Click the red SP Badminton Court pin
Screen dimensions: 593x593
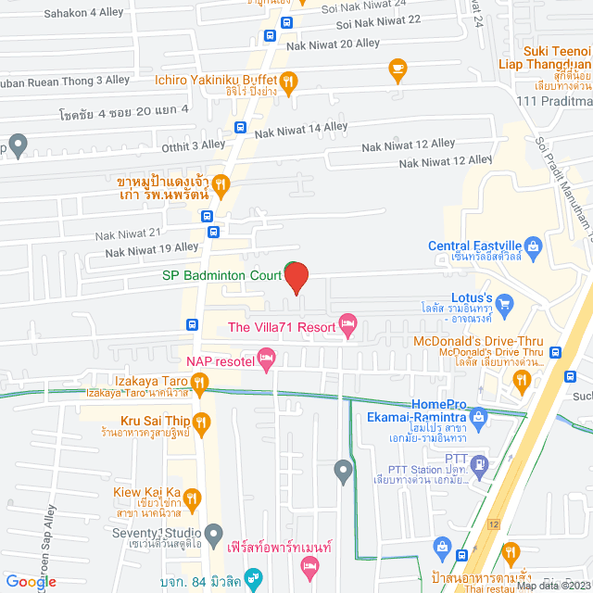[296, 277]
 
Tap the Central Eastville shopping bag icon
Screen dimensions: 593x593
[532, 246]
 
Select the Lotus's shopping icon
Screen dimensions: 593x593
[505, 303]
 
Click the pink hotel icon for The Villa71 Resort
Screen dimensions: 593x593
[348, 326]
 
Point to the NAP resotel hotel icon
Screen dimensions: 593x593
[266, 358]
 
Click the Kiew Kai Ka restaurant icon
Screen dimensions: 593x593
[193, 499]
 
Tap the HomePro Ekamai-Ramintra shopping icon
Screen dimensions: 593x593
[478, 417]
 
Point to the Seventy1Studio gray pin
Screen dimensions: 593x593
[214, 533]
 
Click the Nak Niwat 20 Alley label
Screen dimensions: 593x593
[333, 44]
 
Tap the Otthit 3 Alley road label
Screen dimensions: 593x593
[194, 145]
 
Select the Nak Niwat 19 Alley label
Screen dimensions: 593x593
[152, 248]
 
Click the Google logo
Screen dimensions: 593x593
[32, 582]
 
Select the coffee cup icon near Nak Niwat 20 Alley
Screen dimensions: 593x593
[397, 67]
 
